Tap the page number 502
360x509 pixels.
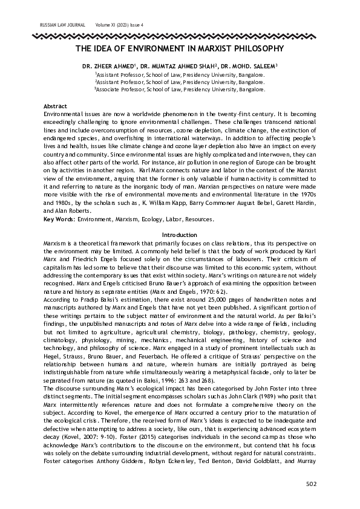coord(311,484)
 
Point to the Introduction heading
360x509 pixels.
coord(180,235)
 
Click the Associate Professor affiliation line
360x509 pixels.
coord(180,89)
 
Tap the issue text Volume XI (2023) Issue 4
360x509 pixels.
coord(123,25)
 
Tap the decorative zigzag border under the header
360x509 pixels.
coord(180,35)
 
